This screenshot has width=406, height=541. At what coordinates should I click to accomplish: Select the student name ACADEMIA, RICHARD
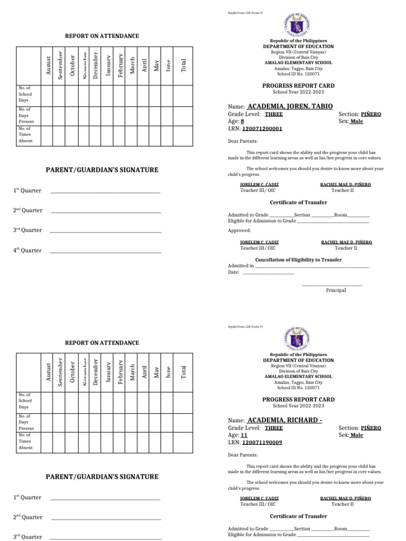point(284,420)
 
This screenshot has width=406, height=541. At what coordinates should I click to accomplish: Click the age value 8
point(243,121)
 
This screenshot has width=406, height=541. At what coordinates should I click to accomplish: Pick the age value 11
point(244,435)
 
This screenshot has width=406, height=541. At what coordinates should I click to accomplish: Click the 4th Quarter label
point(27,250)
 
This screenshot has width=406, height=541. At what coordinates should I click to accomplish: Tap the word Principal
point(336,290)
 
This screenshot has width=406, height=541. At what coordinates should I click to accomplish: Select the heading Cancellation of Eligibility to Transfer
point(298,259)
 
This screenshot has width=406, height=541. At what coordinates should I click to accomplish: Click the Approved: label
point(239,230)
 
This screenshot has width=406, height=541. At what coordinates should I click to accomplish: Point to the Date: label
point(234,273)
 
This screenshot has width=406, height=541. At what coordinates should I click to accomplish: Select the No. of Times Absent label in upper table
point(25,135)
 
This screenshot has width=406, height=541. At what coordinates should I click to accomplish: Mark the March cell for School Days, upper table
point(132,95)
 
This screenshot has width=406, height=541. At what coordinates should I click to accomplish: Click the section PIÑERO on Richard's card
point(371,428)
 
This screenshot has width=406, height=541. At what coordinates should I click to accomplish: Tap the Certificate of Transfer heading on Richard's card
point(298,516)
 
